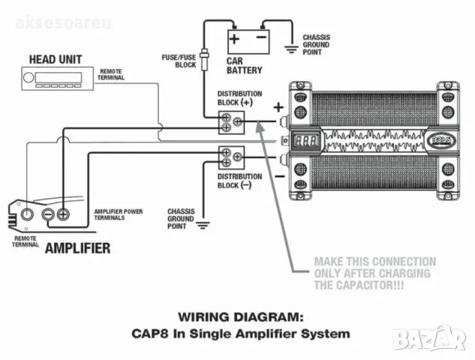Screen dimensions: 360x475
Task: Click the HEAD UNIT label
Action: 55,59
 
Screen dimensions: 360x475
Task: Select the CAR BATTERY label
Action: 245,65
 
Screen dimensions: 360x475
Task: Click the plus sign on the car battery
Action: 235,37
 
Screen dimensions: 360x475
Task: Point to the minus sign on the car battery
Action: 261,37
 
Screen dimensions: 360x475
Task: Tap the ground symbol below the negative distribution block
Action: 202,221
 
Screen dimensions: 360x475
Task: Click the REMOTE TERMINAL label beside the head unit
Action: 111,73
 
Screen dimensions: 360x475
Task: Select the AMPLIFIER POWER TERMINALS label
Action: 118,216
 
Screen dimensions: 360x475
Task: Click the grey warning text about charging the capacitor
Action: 372,273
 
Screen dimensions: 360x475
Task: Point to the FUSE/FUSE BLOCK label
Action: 179,60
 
